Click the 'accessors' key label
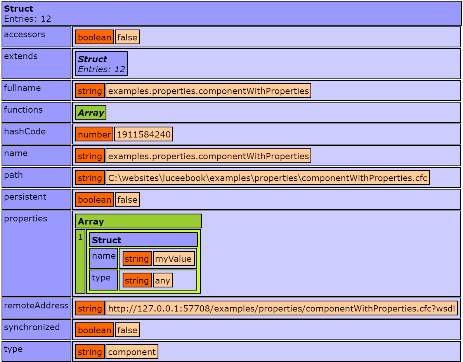[24, 35]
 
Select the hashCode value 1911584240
[143, 134]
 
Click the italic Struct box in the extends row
[101, 64]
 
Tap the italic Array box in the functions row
[91, 113]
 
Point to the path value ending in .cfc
[267, 178]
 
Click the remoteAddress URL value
[281, 308]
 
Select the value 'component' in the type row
[132, 352]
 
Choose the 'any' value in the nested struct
[163, 280]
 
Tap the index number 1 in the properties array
[81, 237]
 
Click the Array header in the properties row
[138, 221]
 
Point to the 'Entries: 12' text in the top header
[28, 19]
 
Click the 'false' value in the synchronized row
[127, 330]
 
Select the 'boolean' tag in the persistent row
[95, 200]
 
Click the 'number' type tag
[94, 134]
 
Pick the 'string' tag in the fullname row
[90, 91]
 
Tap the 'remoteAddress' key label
[36, 306]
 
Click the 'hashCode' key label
[25, 132]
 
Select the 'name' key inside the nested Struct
[104, 256]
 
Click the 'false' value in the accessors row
[127, 37]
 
